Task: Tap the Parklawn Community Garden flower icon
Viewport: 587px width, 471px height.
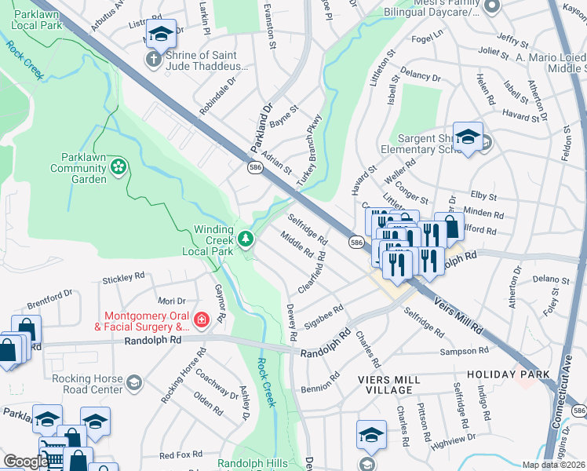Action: point(118,166)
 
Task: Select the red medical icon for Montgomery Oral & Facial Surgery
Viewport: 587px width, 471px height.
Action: point(201,319)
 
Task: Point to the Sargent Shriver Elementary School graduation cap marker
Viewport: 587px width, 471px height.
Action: point(468,137)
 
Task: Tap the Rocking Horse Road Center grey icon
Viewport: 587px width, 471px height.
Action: point(134,383)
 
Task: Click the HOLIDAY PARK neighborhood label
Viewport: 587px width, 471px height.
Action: point(509,374)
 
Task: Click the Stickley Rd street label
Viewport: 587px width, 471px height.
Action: point(124,277)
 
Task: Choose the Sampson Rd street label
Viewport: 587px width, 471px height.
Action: point(459,352)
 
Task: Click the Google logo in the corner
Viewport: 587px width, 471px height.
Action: point(25,462)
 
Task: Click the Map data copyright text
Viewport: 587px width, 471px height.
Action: point(553,465)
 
